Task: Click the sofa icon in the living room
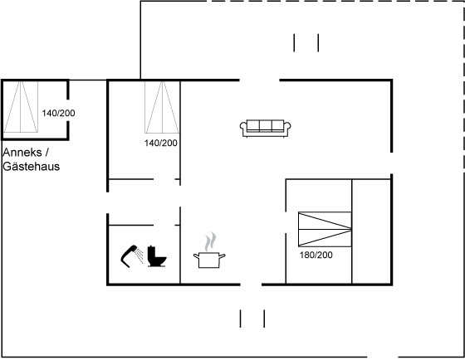click(265, 129)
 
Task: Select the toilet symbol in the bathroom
click(157, 256)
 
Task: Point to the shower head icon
click(130, 255)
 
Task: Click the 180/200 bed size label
click(316, 255)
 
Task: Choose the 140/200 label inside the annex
click(58, 113)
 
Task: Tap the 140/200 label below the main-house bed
click(161, 144)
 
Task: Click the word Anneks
click(22, 153)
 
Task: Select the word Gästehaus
click(32, 167)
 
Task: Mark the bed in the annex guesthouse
click(21, 107)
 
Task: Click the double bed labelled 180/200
click(325, 229)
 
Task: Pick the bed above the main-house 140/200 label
click(162, 107)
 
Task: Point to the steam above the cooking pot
click(210, 241)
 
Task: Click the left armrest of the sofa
click(242, 127)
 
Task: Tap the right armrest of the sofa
click(287, 127)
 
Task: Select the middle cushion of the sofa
click(266, 125)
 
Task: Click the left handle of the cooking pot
click(196, 255)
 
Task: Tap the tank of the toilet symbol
click(151, 251)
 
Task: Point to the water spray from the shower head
click(139, 255)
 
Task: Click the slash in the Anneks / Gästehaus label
click(46, 153)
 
